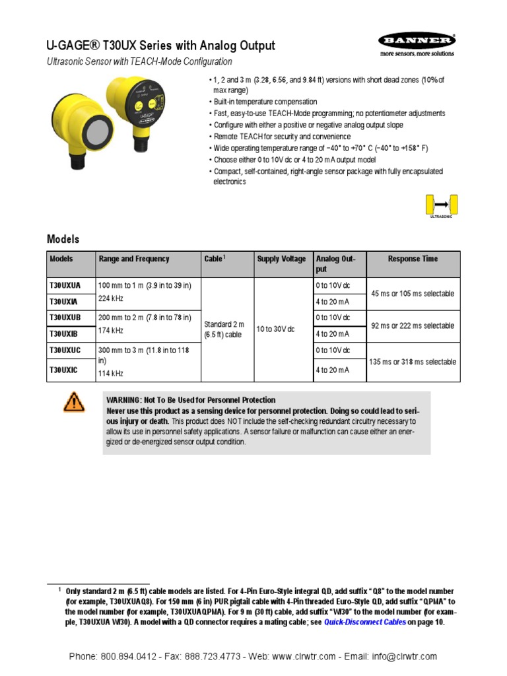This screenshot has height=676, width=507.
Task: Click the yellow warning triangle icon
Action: coord(74,401)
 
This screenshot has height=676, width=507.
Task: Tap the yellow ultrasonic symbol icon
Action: coord(442,205)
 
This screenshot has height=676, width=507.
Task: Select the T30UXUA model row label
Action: coord(65,286)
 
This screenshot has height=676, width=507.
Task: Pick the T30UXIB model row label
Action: coord(63,334)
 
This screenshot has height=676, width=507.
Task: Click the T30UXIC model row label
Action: coord(63,370)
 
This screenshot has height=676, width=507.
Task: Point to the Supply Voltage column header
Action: coord(281,259)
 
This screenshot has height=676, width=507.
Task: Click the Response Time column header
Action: coord(413,259)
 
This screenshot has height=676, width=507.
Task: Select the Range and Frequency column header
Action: coord(134,259)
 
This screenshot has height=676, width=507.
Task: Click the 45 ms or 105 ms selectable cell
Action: coord(413,293)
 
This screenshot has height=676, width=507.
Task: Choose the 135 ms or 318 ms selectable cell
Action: coord(413,362)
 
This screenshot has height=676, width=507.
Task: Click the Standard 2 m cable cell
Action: coord(224,329)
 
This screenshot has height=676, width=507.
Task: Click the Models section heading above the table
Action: coord(63,239)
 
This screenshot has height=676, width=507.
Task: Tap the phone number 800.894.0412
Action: coord(129,656)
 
